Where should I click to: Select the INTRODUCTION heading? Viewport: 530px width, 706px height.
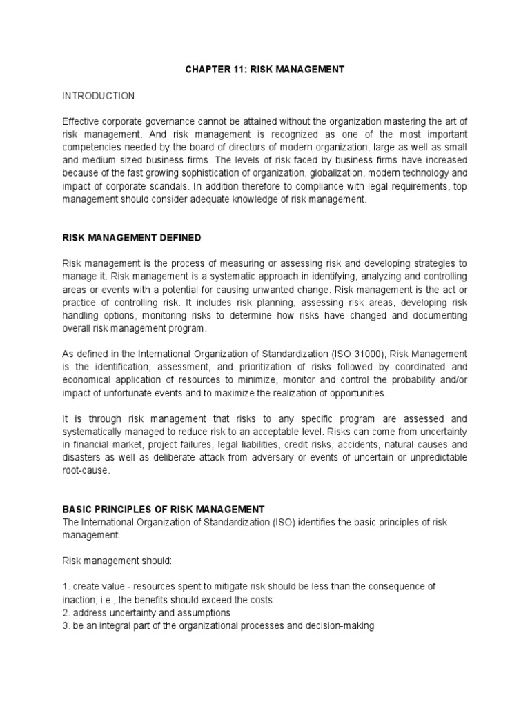tap(99, 95)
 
